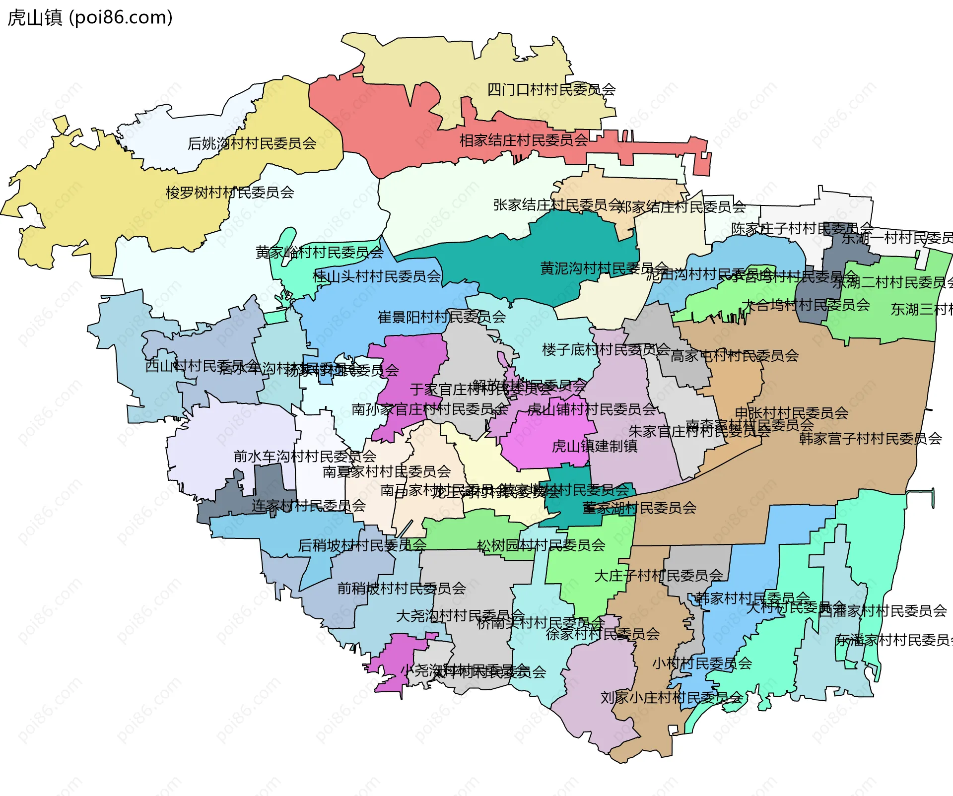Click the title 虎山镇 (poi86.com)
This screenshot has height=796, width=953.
[90, 17]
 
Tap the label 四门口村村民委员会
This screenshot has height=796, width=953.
[551, 90]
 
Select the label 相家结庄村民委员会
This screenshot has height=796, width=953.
[523, 140]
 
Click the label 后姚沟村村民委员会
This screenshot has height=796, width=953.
[252, 143]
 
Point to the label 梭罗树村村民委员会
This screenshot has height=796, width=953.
[229, 193]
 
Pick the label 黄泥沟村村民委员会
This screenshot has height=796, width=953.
[604, 268]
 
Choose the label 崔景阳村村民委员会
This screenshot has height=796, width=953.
[441, 317]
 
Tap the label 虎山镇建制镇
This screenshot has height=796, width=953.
[594, 446]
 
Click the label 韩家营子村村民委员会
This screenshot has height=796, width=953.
[870, 439]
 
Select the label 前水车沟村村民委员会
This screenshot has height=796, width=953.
[304, 457]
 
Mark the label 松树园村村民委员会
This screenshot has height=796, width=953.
[541, 545]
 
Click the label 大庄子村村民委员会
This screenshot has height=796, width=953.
[658, 576]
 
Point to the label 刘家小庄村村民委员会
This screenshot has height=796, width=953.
[671, 698]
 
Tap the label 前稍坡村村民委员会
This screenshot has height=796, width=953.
[401, 589]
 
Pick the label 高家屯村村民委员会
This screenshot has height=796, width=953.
[734, 356]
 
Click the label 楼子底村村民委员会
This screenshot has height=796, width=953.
[606, 350]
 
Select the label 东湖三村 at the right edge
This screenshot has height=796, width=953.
[921, 310]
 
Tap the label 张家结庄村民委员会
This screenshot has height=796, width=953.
[557, 205]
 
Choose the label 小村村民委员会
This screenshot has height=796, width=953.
[701, 663]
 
